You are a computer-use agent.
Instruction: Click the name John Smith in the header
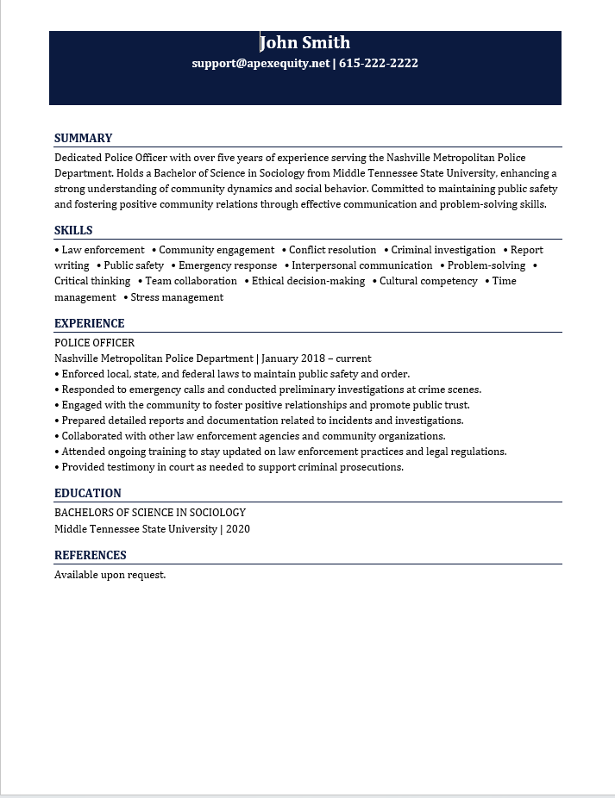click(x=305, y=42)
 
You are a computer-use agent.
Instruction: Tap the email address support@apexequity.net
click(x=260, y=63)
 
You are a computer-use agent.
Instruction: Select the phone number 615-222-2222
click(x=379, y=63)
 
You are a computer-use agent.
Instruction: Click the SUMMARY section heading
click(x=83, y=138)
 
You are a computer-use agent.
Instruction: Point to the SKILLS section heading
click(x=73, y=230)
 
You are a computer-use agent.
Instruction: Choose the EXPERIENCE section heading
click(x=89, y=323)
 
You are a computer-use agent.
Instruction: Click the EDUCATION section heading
click(x=87, y=493)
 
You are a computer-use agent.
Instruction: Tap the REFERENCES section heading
click(x=90, y=555)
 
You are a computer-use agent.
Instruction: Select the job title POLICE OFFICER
click(x=94, y=343)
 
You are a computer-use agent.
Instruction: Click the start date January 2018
click(x=294, y=358)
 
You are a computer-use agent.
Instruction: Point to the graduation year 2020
click(x=238, y=529)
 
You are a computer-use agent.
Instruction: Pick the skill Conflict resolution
click(x=333, y=250)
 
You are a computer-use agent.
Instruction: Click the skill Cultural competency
click(x=429, y=281)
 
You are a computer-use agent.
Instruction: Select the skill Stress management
click(x=177, y=297)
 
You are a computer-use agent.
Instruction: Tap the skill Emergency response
click(x=228, y=265)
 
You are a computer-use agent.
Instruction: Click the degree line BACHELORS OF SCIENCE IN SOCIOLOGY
click(x=150, y=513)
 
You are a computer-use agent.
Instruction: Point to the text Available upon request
click(x=110, y=575)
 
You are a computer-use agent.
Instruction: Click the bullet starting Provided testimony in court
click(x=232, y=467)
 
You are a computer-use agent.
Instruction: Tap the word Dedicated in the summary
click(x=78, y=158)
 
